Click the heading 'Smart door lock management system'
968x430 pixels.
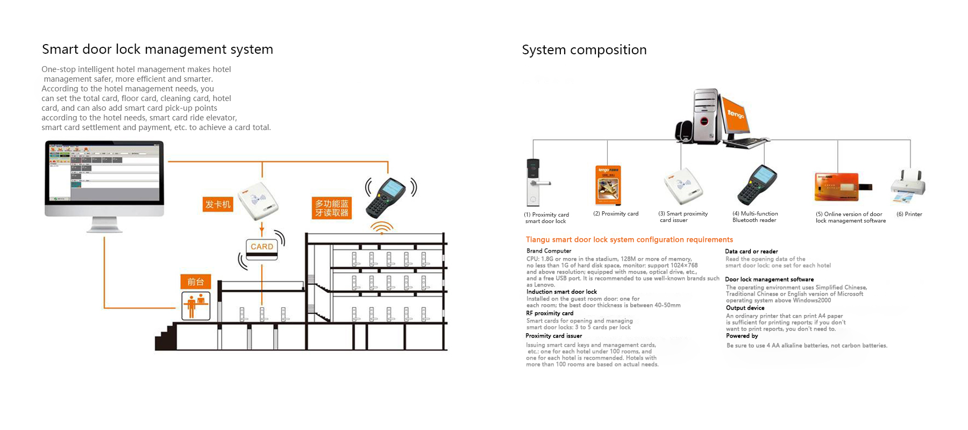pos(158,49)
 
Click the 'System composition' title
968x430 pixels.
pos(584,50)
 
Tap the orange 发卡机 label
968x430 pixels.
pos(218,204)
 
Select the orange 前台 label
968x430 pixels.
pos(196,282)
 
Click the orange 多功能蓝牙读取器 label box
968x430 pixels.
pos(332,208)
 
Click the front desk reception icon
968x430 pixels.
pos(196,305)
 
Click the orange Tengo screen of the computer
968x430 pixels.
pos(736,114)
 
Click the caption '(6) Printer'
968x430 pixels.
pos(909,214)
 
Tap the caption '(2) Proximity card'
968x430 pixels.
pos(616,213)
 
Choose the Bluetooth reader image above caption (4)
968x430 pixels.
pos(757,185)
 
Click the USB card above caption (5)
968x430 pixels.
pos(839,187)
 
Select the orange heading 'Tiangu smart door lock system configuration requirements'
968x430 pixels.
pos(629,240)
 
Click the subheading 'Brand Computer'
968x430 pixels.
pos(549,251)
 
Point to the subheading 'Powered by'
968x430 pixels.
pos(742,336)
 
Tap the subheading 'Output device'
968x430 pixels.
pos(745,308)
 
